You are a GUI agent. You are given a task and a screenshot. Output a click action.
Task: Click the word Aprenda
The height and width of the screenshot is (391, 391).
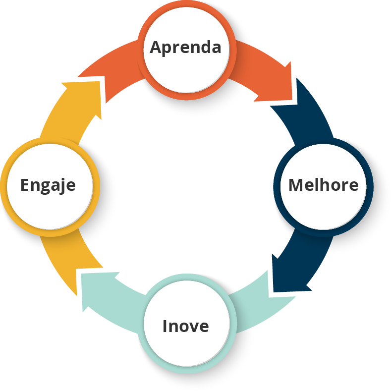point(185,48)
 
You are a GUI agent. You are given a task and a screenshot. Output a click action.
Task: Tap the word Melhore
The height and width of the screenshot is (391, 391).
point(323,185)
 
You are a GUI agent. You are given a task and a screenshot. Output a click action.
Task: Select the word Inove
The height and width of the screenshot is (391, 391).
point(185,327)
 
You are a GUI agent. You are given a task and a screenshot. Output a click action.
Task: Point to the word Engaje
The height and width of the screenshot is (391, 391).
point(48,185)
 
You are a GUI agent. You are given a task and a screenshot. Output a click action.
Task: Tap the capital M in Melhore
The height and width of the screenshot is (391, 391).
point(296,185)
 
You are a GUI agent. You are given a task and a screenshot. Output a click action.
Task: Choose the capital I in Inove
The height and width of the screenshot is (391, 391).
point(166,327)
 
